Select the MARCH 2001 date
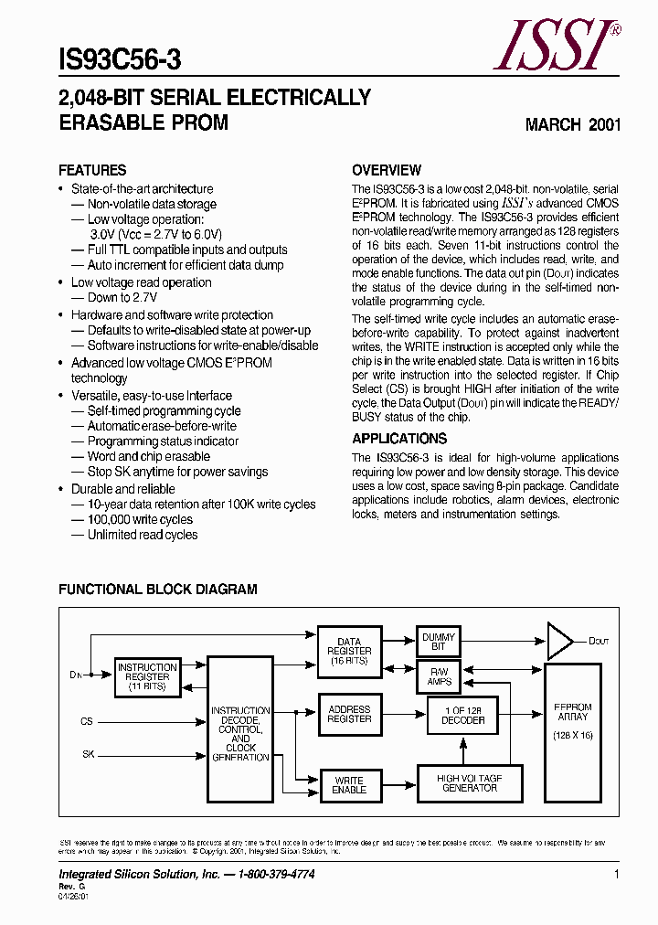pyautogui.click(x=573, y=124)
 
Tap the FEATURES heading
pyautogui.click(x=92, y=170)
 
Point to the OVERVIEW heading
pyautogui.click(x=387, y=170)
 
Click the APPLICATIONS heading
pyautogui.click(x=399, y=438)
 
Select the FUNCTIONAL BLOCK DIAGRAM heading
pyautogui.click(x=158, y=590)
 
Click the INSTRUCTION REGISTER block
pyautogui.click(x=147, y=676)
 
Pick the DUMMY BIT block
pyautogui.click(x=439, y=642)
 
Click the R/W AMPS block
pyautogui.click(x=439, y=676)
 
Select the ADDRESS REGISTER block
pyautogui.click(x=349, y=714)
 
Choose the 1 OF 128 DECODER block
pyautogui.click(x=463, y=714)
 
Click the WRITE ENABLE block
pyautogui.click(x=349, y=784)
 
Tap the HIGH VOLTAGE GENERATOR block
pyautogui.click(x=470, y=782)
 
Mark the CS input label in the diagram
pyautogui.click(x=87, y=721)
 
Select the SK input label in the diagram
pyautogui.click(x=88, y=755)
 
